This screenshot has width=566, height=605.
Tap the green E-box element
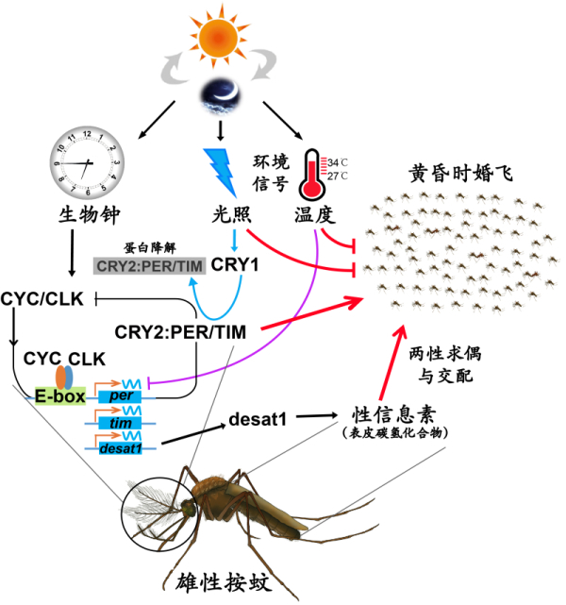click(x=59, y=397)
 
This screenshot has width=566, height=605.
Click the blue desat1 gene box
click(x=119, y=447)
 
